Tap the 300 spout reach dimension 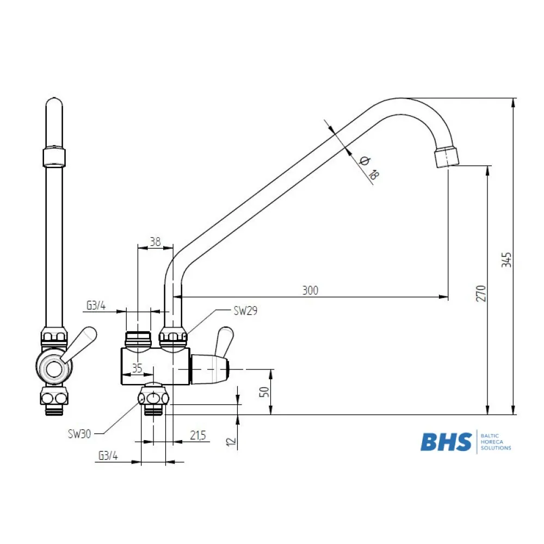coord(310,290)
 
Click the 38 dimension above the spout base coord(155,242)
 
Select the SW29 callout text coord(245,311)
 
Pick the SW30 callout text coord(79,434)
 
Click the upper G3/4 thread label coord(96,306)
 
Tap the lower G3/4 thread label coord(108,456)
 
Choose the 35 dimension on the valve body coord(137,368)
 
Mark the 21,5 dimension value coord(198,435)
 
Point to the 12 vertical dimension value coord(232,441)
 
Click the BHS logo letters coord(446,441)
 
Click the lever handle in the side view coord(224,341)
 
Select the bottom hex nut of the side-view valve coord(154,398)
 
